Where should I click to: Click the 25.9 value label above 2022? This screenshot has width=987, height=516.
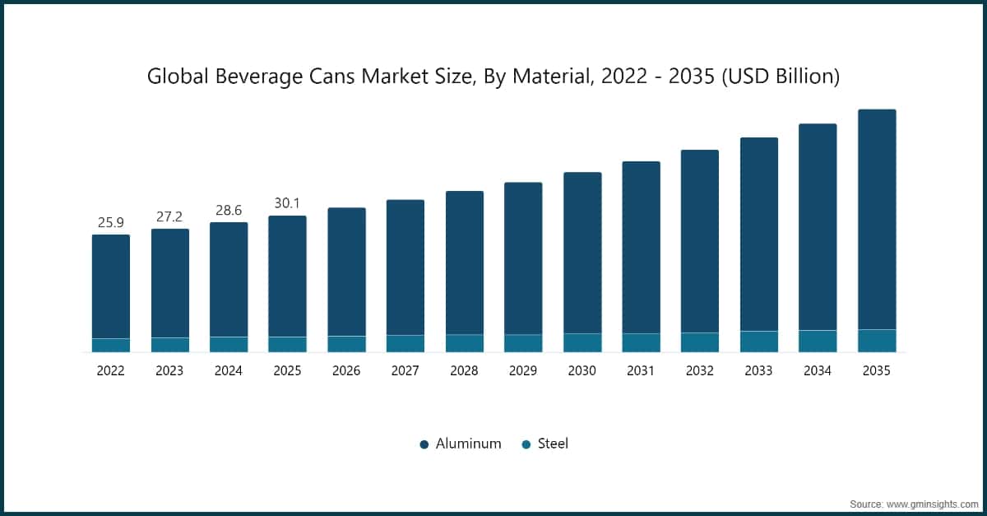pyautogui.click(x=110, y=223)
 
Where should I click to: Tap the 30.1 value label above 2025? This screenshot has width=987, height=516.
pyautogui.click(x=287, y=204)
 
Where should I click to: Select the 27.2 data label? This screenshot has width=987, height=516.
pyautogui.click(x=169, y=217)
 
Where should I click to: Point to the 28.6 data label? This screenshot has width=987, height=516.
pyautogui.click(x=229, y=211)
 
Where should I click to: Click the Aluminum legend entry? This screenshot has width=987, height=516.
pyautogui.click(x=467, y=444)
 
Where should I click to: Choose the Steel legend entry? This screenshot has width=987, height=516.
pyautogui.click(x=552, y=444)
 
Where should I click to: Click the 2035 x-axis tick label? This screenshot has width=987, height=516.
pyautogui.click(x=877, y=371)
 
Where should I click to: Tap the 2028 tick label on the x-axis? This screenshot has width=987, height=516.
pyautogui.click(x=464, y=371)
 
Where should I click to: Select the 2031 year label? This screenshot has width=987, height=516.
pyautogui.click(x=641, y=371)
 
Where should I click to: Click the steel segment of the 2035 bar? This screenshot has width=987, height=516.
pyautogui.click(x=877, y=341)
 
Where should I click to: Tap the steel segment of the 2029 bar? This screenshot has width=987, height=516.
pyautogui.click(x=523, y=343)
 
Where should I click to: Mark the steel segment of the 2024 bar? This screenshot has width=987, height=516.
pyautogui.click(x=229, y=344)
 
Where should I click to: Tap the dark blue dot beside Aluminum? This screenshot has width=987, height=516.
pyautogui.click(x=424, y=444)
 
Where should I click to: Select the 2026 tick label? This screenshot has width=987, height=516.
pyautogui.click(x=346, y=371)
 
